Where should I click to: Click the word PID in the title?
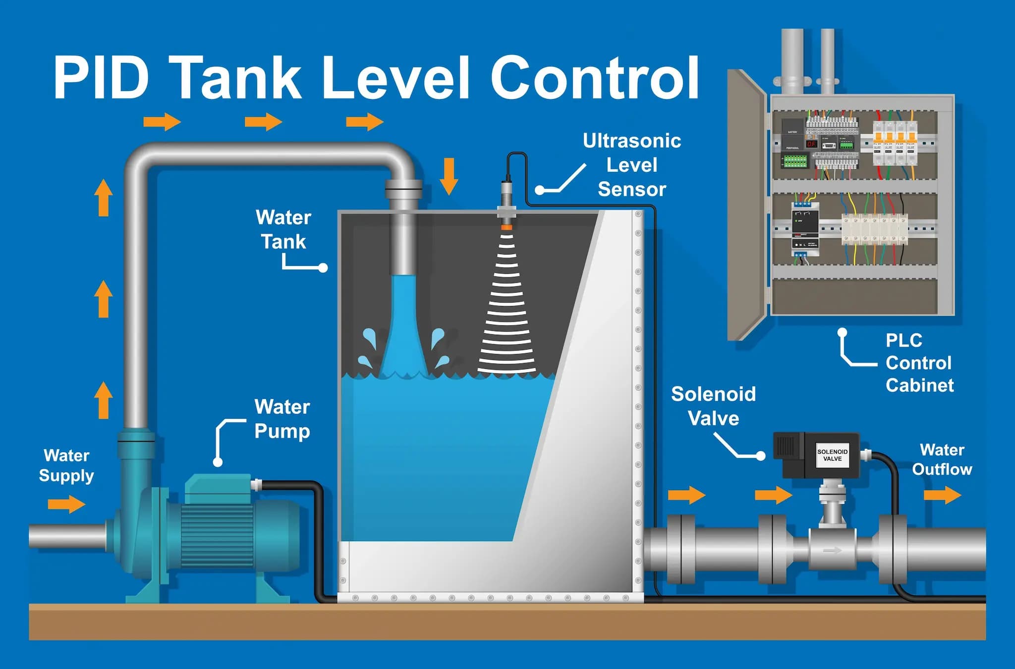tap(101, 78)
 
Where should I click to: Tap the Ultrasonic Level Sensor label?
tap(632, 165)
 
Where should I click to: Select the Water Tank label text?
tap(283, 229)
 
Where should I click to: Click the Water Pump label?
tap(282, 419)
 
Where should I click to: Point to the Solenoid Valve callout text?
tap(713, 406)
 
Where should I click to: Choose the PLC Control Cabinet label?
tap(919, 362)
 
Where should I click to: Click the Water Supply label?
tap(66, 465)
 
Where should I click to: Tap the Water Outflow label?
tap(942, 460)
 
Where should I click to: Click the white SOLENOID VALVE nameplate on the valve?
tap(832, 455)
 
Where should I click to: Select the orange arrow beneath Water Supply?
tap(66, 505)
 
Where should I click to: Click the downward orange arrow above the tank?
tap(449, 176)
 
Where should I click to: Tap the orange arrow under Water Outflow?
tap(942, 495)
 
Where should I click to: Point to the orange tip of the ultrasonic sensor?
tap(506, 227)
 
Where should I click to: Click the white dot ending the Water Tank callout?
tap(323, 268)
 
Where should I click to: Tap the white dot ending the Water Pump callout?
tap(218, 462)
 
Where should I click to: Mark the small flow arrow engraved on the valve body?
tap(833, 550)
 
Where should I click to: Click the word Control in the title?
tap(595, 78)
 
